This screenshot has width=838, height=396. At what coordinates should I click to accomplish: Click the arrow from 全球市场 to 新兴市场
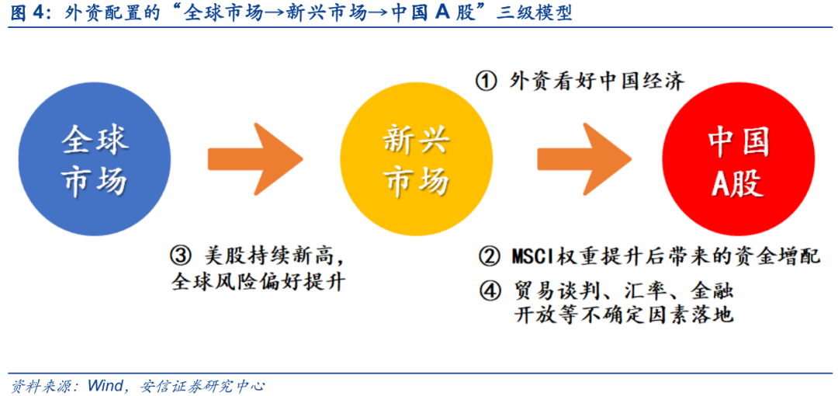point(255,159)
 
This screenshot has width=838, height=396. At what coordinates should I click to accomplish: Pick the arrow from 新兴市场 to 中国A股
point(585,159)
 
